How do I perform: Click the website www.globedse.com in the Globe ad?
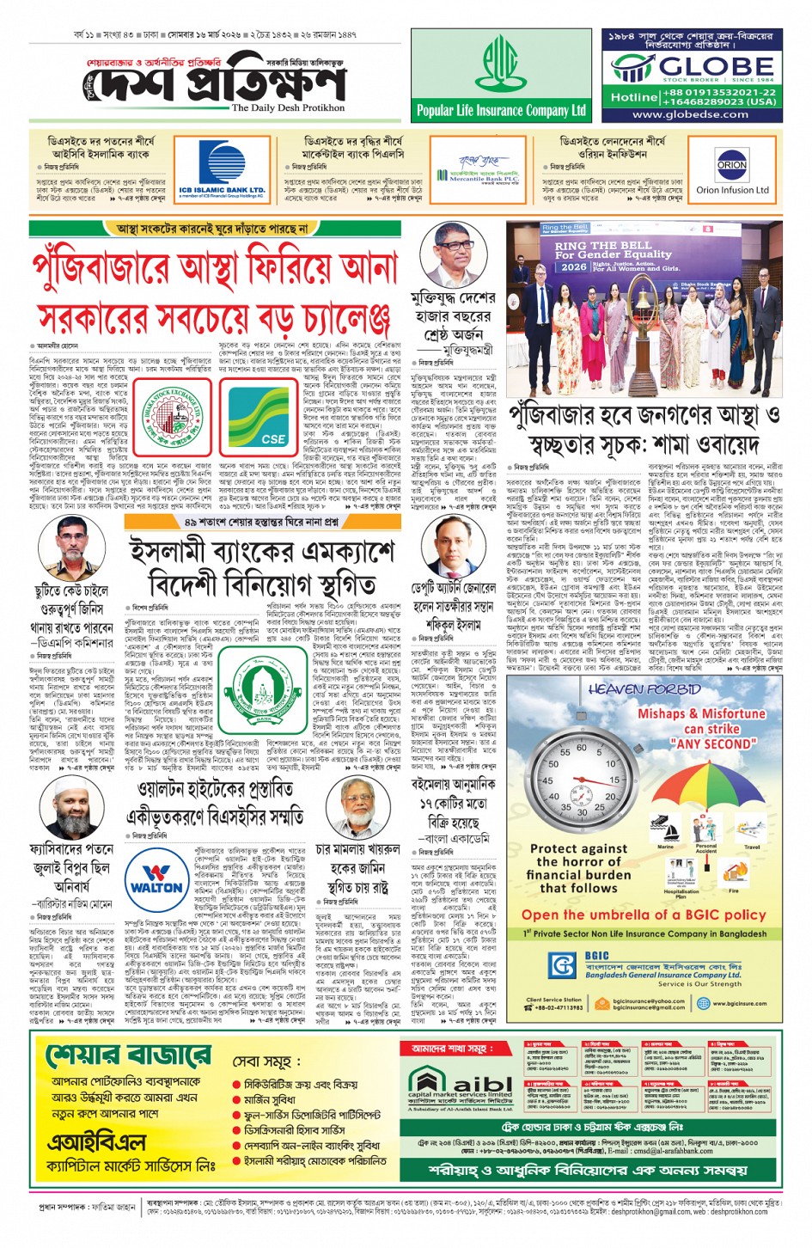(691, 114)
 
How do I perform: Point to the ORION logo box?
(731, 164)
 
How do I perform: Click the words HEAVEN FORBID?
(644, 688)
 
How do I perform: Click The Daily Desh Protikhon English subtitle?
(287, 107)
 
